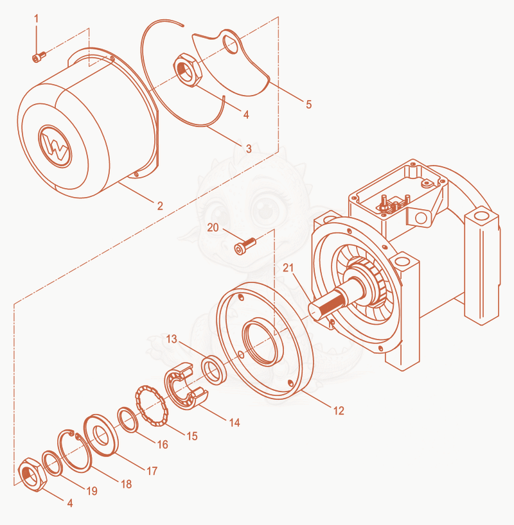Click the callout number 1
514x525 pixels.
point(37,19)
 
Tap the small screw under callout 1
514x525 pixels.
point(39,57)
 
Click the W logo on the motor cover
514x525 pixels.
point(55,146)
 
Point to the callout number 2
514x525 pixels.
point(160,206)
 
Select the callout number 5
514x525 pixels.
point(309,105)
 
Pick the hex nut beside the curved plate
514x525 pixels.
point(188,70)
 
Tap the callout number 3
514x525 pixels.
point(249,149)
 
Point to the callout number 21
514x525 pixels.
point(288,268)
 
